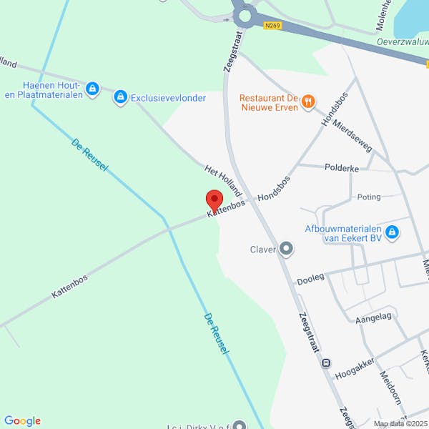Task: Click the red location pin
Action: pos(214,199)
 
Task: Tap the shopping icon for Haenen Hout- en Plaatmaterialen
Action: pos(92,89)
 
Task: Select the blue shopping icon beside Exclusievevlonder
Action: pos(121,97)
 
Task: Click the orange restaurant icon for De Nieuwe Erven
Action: pos(308,102)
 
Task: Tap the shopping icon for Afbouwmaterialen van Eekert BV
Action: pos(392,232)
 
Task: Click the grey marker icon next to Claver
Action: pos(286,249)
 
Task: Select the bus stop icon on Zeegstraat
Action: pos(326,363)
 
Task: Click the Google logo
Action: pos(22,421)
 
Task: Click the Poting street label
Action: pos(369,197)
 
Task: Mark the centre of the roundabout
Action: pos(245,14)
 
